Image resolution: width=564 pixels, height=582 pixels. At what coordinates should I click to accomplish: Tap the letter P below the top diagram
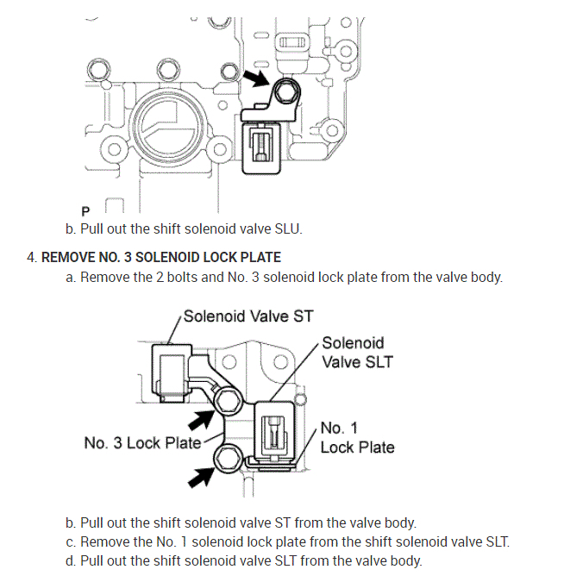pyautogui.click(x=85, y=210)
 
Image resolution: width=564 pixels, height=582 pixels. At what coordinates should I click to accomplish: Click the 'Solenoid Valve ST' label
pyautogui.click(x=248, y=316)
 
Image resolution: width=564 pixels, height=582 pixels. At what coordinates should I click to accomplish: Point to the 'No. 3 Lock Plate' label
pyautogui.click(x=142, y=442)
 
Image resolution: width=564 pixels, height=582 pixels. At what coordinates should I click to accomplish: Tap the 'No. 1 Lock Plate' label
pyautogui.click(x=357, y=437)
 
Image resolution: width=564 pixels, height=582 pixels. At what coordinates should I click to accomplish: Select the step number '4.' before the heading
pyautogui.click(x=32, y=257)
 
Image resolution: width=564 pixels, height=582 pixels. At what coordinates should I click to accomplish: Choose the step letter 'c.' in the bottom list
pyautogui.click(x=70, y=541)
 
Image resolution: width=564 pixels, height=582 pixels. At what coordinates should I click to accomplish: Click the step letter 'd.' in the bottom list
pyautogui.click(x=70, y=560)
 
